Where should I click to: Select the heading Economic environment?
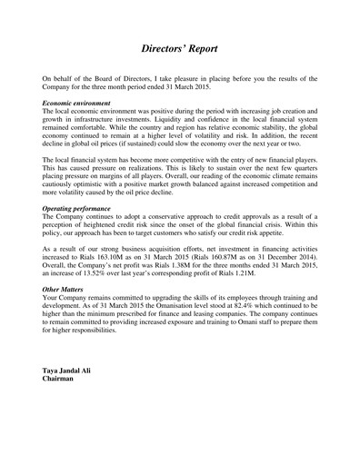(x=81, y=105)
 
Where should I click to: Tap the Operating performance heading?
(x=85, y=208)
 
